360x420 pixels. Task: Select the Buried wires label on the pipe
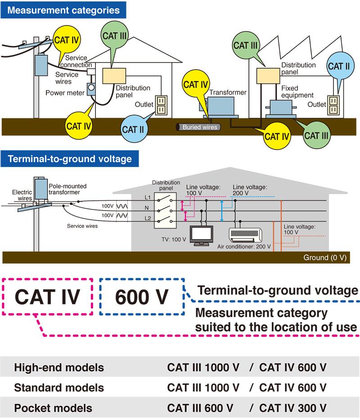pos(200,127)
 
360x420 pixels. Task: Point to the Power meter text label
pos(65,93)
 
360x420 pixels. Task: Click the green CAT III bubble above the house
pos(114,36)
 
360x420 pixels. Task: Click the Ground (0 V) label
pos(324,257)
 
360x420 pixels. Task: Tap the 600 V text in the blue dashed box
pos(142,297)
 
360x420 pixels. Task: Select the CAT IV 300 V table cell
pos(293,408)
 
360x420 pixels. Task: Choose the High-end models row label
pos(59,368)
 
